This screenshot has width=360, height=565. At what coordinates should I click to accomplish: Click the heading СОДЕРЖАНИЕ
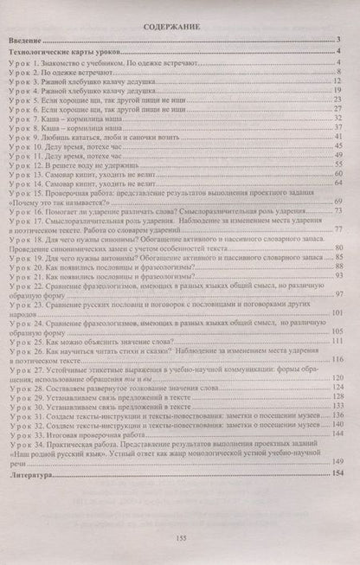click(180, 29)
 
